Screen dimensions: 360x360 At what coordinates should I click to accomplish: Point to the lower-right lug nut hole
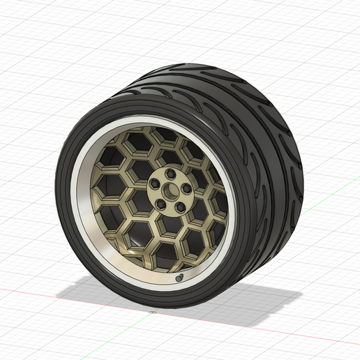(x=179, y=207)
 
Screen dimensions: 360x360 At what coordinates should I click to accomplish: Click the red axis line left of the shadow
(x=28, y=292)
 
